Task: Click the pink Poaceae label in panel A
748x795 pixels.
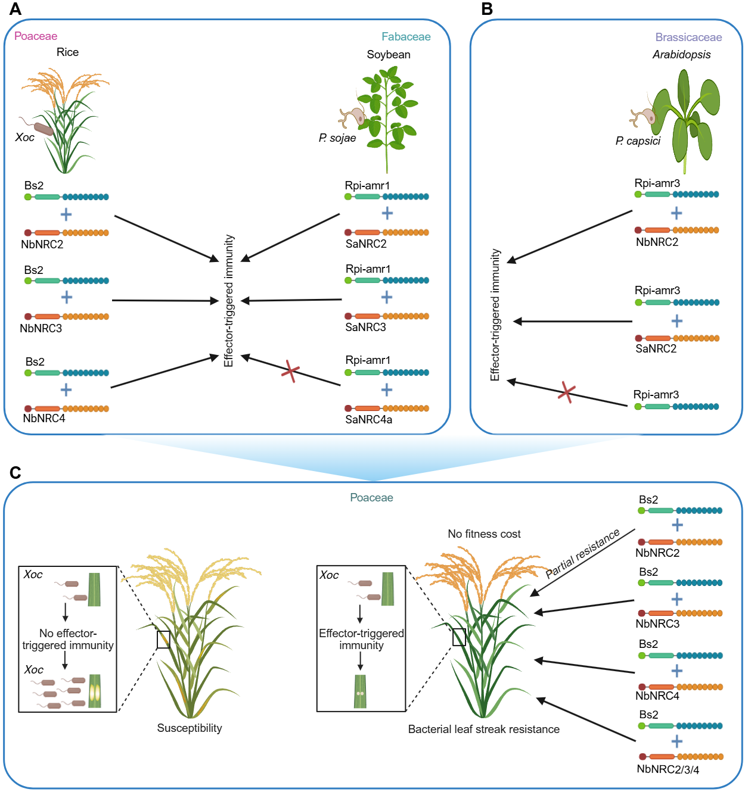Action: coord(36,36)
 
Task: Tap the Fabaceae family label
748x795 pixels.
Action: coord(406,37)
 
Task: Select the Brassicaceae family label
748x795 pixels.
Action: coord(688,38)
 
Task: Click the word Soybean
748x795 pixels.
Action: coord(389,55)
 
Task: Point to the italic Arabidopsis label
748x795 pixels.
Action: coord(681,55)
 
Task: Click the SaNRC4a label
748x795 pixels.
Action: coord(368,420)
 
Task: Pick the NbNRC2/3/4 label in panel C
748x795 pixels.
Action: coord(668,769)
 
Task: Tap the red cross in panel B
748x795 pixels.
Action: coord(566,392)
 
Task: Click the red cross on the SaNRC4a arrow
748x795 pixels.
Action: coord(290,371)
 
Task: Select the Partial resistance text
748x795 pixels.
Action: coord(583,554)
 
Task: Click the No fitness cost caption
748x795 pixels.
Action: coord(484,534)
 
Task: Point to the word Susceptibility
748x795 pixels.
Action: coord(190,728)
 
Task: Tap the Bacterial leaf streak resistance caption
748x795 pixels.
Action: coord(483,729)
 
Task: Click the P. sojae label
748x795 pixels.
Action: coord(337,138)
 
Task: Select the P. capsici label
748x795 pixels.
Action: coord(638,141)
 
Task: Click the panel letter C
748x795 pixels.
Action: coord(15,473)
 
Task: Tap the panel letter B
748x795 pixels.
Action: coord(487,9)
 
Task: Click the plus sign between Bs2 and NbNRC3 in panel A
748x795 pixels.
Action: coord(67,297)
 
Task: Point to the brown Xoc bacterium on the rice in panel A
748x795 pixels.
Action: coord(43,129)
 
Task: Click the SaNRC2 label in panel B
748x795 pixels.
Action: coord(656,349)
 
